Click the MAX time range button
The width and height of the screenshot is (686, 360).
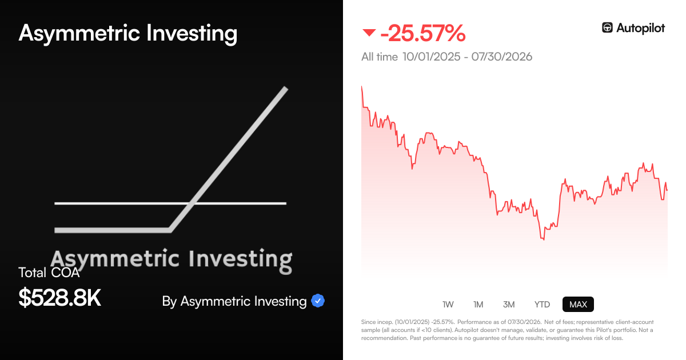click(x=578, y=304)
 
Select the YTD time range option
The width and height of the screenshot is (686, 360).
click(x=542, y=305)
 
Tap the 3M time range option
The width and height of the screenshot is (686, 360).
click(x=509, y=305)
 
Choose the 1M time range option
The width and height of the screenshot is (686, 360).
click(x=478, y=305)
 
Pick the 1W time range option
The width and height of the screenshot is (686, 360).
click(x=448, y=305)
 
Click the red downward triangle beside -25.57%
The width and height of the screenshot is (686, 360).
click(x=369, y=33)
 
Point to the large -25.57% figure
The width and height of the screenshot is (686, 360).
click(x=422, y=33)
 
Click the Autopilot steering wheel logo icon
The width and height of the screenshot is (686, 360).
click(x=607, y=27)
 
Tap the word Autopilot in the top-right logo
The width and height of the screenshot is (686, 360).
click(x=640, y=28)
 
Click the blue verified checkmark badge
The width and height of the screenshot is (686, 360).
click(x=318, y=301)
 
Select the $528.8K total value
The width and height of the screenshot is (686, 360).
click(x=59, y=298)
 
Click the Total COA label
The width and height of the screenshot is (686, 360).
click(x=49, y=273)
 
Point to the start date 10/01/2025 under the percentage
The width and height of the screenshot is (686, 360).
click(x=431, y=57)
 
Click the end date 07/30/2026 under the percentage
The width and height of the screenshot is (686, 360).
click(x=502, y=57)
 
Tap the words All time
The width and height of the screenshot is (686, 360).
click(x=380, y=57)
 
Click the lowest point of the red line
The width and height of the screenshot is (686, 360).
click(x=544, y=239)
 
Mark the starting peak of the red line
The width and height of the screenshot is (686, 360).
click(x=362, y=87)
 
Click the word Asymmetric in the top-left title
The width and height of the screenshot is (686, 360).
click(x=79, y=33)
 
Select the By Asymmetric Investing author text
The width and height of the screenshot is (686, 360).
click(x=234, y=302)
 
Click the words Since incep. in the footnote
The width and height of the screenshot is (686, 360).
click(x=377, y=322)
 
